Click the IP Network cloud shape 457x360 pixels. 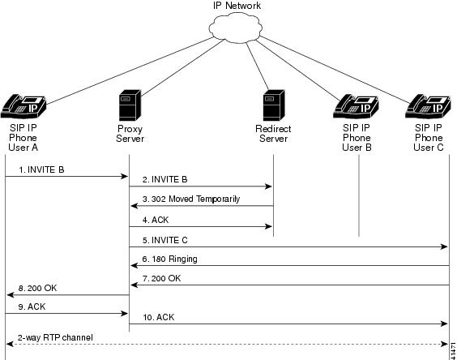coord(235,28)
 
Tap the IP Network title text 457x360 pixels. coord(237,6)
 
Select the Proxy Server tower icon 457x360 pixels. coord(130,105)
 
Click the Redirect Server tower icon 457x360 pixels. coord(274,105)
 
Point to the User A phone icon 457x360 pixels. coord(23,106)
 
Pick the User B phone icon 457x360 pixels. coord(356,106)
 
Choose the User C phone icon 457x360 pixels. coord(428,106)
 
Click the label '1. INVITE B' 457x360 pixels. coord(41,169)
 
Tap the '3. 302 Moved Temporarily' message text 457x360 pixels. coord(191,199)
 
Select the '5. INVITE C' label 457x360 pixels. coord(165,240)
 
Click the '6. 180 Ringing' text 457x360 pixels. coord(169,259)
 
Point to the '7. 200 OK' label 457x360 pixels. coord(161,278)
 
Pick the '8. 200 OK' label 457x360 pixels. coord(37,288)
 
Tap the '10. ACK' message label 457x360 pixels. coord(159,317)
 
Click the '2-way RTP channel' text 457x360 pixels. coord(55,337)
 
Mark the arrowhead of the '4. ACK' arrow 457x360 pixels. coord(268,226)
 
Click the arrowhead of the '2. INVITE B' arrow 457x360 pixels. coord(268,186)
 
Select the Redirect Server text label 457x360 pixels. coord(273,134)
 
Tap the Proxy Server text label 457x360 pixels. coord(130,134)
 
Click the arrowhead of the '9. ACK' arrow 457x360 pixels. coord(125,314)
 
